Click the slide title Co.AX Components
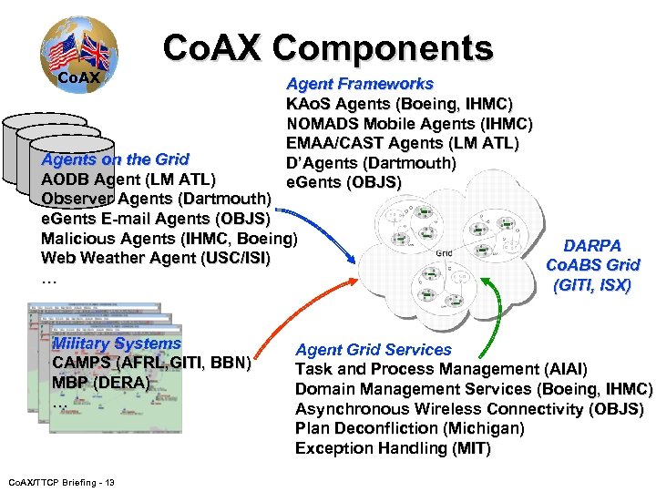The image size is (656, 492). click(328, 47)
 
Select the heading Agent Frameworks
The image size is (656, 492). click(360, 84)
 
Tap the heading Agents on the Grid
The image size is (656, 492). click(116, 159)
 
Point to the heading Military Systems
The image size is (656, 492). click(117, 343)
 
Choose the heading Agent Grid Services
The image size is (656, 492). click(374, 349)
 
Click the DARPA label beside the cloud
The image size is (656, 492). click(592, 246)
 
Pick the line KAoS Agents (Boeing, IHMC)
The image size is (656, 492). click(399, 104)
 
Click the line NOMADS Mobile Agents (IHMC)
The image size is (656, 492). click(409, 124)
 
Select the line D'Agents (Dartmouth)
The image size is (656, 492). click(371, 163)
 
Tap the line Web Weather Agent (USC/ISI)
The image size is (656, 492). click(156, 258)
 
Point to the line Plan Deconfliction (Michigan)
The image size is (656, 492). click(410, 428)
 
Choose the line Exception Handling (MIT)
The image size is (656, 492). click(393, 448)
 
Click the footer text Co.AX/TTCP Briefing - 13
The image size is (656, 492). click(59, 481)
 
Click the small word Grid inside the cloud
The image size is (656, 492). click(444, 252)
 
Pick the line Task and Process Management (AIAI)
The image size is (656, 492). click(441, 369)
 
